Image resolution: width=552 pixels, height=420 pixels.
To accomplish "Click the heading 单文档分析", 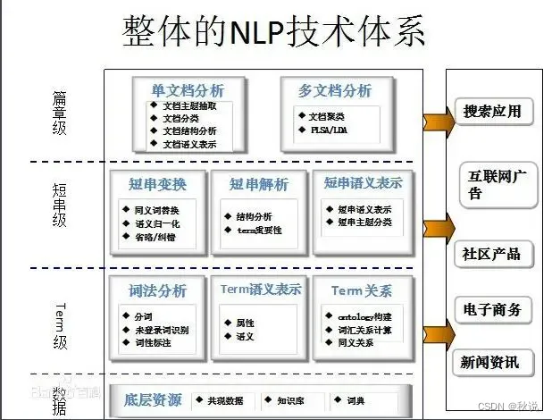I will pos(188,90).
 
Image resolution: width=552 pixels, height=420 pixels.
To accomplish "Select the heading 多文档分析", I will pos(334,90).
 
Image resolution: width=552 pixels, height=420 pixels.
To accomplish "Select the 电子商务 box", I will pos(498,310).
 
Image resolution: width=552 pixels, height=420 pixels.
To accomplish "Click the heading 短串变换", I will pos(157,184).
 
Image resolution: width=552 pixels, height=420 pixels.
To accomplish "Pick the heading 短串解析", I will pos(258,184).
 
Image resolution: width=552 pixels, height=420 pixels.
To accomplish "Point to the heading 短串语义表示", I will pos(363,183).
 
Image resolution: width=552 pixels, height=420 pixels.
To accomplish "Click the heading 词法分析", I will pos(157,290).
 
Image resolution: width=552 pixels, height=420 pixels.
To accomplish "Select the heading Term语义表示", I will pos(260,290).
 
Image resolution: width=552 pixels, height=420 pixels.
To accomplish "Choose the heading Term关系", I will pos(361,290).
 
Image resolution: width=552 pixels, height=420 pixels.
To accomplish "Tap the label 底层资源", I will pos(153,399).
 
